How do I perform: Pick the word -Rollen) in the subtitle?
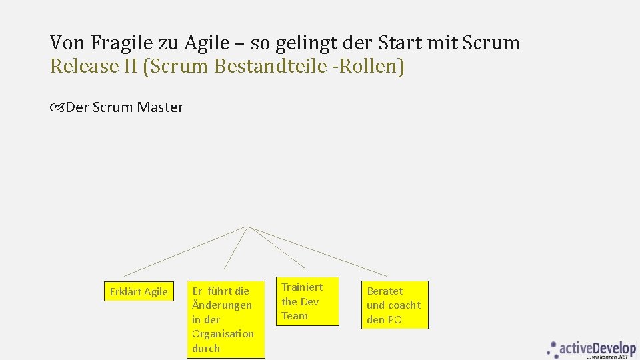click(x=370, y=67)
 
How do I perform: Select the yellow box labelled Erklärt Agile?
click(x=139, y=292)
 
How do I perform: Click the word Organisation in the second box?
click(x=223, y=333)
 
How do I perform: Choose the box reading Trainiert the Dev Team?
click(x=307, y=301)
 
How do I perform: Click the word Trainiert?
click(x=302, y=287)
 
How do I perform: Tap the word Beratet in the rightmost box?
click(x=385, y=291)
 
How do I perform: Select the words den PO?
click(x=384, y=320)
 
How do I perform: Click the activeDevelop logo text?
click(x=598, y=348)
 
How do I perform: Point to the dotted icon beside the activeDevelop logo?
click(x=553, y=348)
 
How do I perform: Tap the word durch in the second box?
click(x=205, y=348)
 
